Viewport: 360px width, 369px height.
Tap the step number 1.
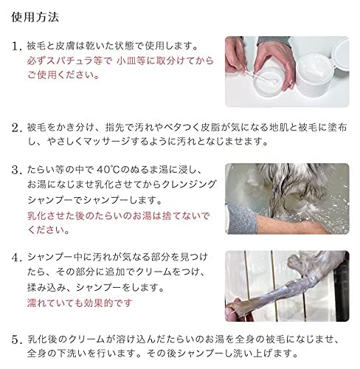point(17,46)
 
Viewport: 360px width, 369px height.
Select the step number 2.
point(17,128)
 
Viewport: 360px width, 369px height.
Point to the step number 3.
point(17,169)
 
